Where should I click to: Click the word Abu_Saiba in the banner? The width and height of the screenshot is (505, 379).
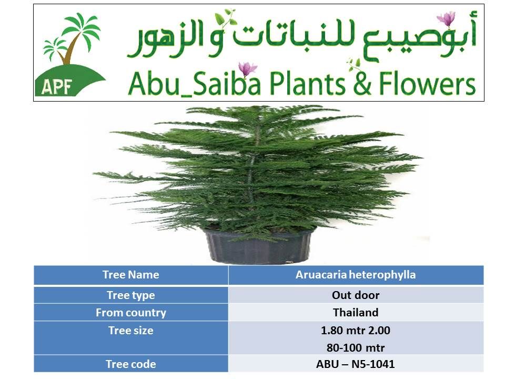(194, 84)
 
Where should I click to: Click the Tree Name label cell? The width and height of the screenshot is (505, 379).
(131, 275)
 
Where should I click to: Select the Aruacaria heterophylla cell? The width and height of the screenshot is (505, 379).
(356, 275)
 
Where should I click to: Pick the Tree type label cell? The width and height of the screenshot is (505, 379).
(131, 295)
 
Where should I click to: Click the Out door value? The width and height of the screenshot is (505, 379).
(356, 295)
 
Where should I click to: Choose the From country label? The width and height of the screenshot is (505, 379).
(131, 313)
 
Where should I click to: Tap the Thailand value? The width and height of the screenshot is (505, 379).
(356, 313)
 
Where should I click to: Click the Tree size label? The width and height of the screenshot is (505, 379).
(131, 331)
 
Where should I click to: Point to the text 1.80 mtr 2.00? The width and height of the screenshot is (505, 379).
(356, 331)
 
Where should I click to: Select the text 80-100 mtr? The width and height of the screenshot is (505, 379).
(356, 348)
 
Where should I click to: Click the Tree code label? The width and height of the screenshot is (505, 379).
(131, 364)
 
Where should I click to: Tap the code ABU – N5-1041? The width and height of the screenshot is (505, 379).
(355, 364)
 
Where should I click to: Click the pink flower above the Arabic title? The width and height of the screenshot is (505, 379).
(447, 18)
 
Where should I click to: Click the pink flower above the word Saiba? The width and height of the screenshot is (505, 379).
(247, 68)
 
